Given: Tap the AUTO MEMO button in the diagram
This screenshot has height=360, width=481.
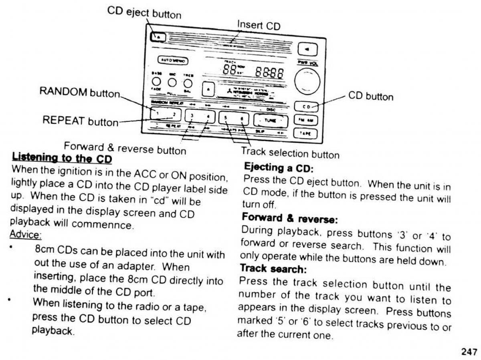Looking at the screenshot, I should click(x=172, y=60).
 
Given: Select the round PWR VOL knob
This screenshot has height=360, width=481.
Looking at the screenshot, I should click(x=307, y=81).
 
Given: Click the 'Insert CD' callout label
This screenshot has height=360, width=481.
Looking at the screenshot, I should click(x=259, y=25).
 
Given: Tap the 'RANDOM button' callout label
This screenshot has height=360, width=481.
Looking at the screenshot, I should click(x=80, y=92).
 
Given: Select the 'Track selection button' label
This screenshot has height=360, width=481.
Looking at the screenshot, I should click(x=290, y=153).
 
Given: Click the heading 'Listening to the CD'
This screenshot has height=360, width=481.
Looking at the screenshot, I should click(x=62, y=157).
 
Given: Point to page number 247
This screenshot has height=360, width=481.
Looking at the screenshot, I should click(x=469, y=352).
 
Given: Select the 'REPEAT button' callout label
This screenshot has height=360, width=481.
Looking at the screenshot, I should click(x=81, y=121).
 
